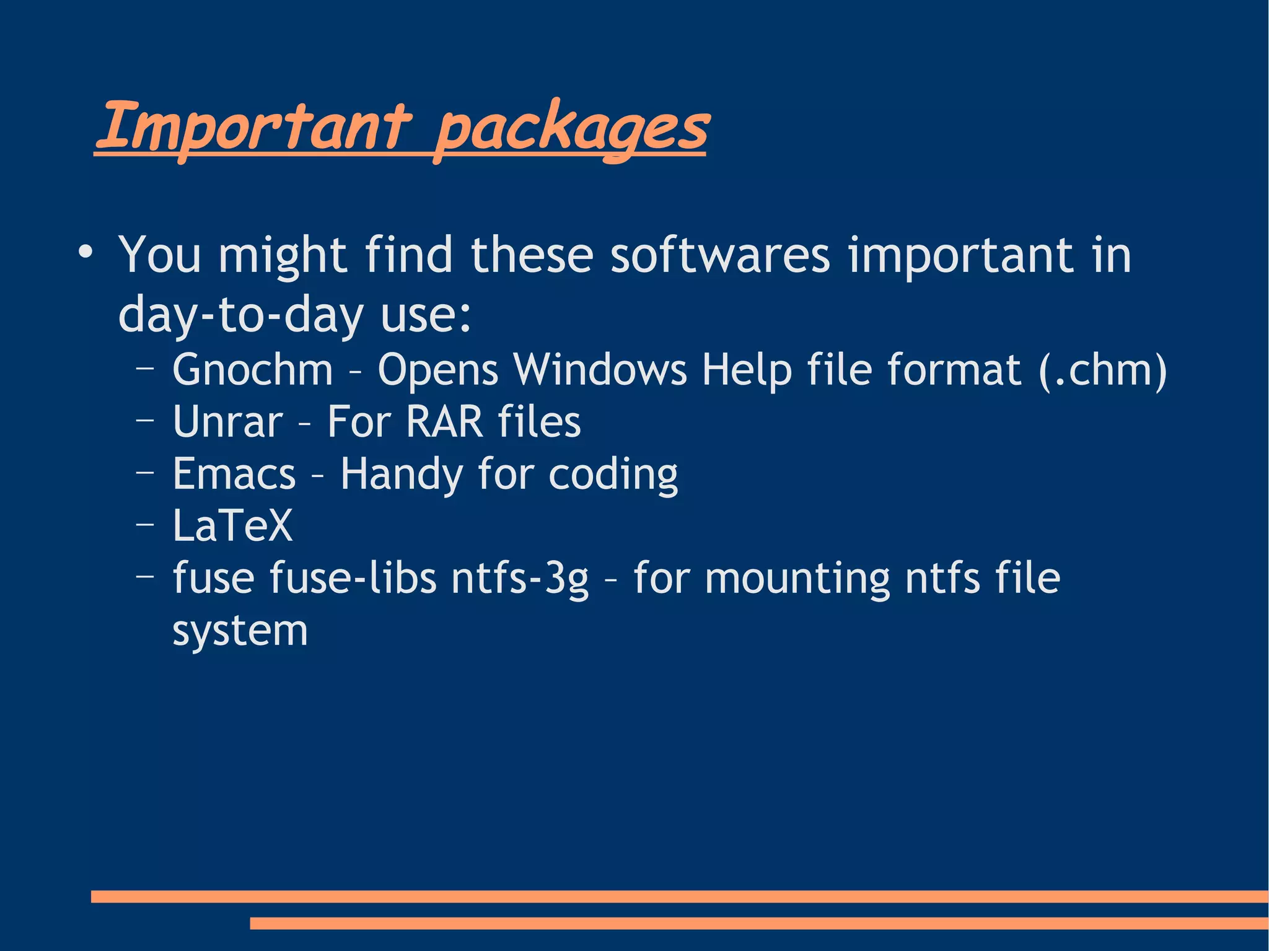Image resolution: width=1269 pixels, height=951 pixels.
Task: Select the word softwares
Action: tap(719, 255)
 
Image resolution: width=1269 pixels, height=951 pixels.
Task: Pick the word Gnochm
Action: tap(253, 370)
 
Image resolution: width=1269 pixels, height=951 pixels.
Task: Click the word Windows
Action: tap(600, 370)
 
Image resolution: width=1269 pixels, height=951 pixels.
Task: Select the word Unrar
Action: tap(227, 422)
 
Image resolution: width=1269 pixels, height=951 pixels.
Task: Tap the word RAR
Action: tap(444, 422)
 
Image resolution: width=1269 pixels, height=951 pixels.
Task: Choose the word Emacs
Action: tap(234, 474)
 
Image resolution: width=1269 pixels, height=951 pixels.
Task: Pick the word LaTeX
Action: tap(232, 526)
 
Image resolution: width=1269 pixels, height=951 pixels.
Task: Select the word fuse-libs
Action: tap(353, 577)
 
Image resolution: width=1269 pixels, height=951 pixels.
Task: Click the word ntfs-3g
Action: tap(519, 579)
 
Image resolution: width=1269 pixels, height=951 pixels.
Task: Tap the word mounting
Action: tap(797, 579)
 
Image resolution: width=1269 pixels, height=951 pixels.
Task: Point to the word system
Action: tap(240, 631)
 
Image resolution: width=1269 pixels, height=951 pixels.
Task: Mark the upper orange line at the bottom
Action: tap(679, 896)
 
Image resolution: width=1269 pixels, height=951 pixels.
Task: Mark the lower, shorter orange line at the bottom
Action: tap(758, 923)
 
